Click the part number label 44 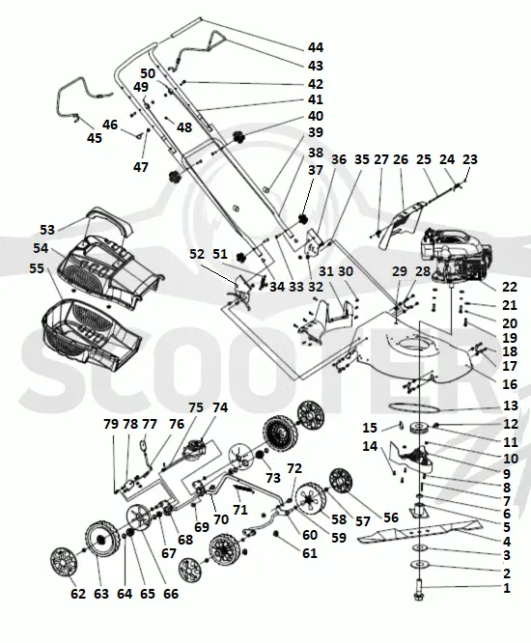pyautogui.click(x=316, y=47)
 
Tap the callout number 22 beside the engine pyautogui.click(x=509, y=287)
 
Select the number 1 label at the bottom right pyautogui.click(x=507, y=588)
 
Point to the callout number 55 pyautogui.click(x=37, y=268)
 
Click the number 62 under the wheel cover pyautogui.click(x=78, y=594)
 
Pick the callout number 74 pyautogui.click(x=220, y=407)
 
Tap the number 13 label pyautogui.click(x=510, y=405)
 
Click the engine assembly pyautogui.click(x=455, y=254)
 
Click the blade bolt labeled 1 pyautogui.click(x=419, y=590)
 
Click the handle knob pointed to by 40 pyautogui.click(x=238, y=137)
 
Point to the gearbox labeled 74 pyautogui.click(x=195, y=447)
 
